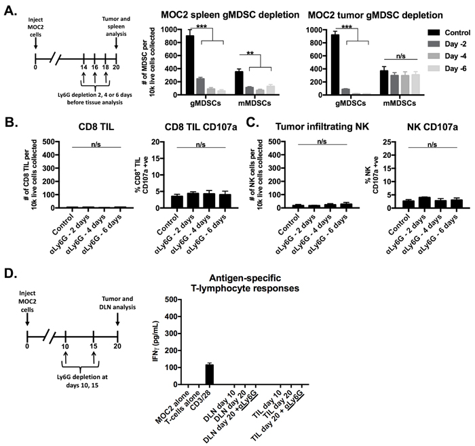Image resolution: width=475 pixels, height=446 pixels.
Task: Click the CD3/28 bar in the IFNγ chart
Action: coord(209,374)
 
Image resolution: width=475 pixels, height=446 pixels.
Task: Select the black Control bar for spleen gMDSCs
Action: coord(190,65)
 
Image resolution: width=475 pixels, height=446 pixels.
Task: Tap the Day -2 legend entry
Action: coord(446,44)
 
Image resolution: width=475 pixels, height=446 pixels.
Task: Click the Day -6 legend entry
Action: coord(446,68)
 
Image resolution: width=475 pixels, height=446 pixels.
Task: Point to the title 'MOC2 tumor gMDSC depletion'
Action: coord(375,15)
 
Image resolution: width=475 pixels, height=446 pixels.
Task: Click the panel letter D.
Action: coord(11,273)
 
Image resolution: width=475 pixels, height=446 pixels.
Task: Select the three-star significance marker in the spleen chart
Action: coord(202,26)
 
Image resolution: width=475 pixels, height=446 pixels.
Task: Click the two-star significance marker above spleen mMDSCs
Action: coord(250,54)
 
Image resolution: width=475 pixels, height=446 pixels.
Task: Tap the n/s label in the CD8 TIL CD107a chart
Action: coord(201,144)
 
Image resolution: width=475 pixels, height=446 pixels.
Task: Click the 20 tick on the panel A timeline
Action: coord(116,67)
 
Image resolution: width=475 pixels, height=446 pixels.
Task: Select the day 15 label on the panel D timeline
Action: coord(94,346)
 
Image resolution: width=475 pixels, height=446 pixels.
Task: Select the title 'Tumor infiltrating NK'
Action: coord(322,127)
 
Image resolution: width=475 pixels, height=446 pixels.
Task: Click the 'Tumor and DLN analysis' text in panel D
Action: coord(117,303)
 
